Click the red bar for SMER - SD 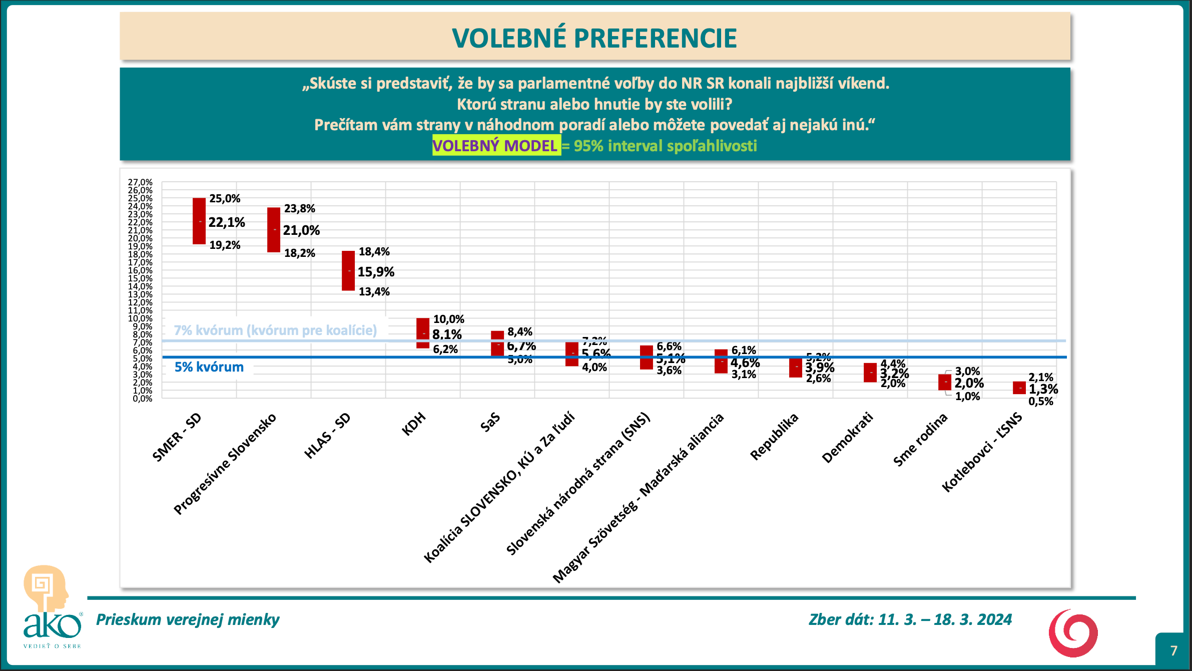(199, 221)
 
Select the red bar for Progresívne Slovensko (274, 230)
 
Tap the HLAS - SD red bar (348, 270)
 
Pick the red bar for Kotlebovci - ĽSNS (1019, 388)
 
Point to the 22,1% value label (227, 222)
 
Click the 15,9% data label (376, 272)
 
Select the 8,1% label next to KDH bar (447, 334)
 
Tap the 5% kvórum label (209, 367)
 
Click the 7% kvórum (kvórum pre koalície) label (275, 330)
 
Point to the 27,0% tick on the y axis (140, 182)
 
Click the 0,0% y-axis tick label (142, 399)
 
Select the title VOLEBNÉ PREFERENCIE (594, 38)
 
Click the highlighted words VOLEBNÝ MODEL (495, 146)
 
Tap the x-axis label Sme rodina (921, 440)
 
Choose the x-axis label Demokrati (848, 437)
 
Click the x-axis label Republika (774, 437)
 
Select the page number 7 (1173, 650)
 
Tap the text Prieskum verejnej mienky (188, 619)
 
